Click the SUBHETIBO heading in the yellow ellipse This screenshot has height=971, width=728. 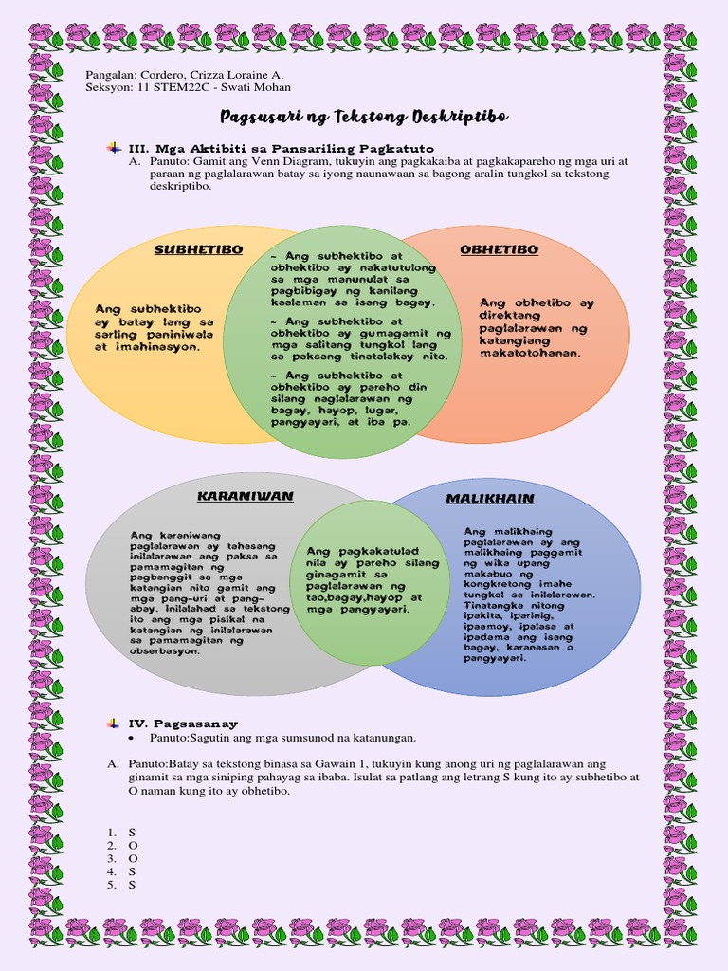pos(198,249)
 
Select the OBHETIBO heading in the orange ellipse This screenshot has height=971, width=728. pos(499,249)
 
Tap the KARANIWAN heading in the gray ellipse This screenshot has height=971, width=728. pos(246,496)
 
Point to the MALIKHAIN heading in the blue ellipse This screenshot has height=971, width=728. pos(490,499)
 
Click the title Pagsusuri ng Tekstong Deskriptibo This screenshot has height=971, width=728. pos(365,117)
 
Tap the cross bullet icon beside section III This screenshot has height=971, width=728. pos(114,148)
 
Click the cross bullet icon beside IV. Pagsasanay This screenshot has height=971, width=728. pos(114,723)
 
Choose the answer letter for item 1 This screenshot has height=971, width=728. pos(132,833)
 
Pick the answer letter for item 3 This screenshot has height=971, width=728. pos(133,858)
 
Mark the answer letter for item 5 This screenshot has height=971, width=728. pos(132,885)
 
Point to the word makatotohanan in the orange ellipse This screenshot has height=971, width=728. pos(530,354)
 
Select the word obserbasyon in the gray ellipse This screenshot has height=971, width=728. pos(165,651)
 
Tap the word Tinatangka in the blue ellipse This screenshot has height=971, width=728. pos(490,606)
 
